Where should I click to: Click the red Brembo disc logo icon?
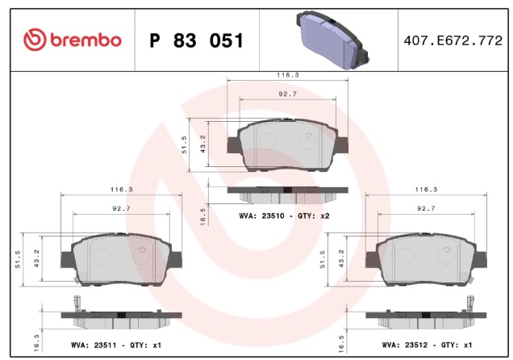pyautogui.click(x=35, y=40)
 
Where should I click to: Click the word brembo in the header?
pyautogui.click(x=85, y=40)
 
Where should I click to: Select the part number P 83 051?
pyautogui.click(x=196, y=40)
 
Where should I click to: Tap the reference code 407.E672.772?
pyautogui.click(x=453, y=40)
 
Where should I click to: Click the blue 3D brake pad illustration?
pyautogui.click(x=332, y=40)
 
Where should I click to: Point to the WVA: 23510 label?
pyautogui.click(x=261, y=216)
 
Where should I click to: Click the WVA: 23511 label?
pyautogui.click(x=94, y=345)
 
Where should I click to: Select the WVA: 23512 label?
pyautogui.click(x=405, y=345)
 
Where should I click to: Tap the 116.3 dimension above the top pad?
pyautogui.click(x=288, y=75)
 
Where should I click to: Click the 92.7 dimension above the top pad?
pyautogui.click(x=288, y=94)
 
